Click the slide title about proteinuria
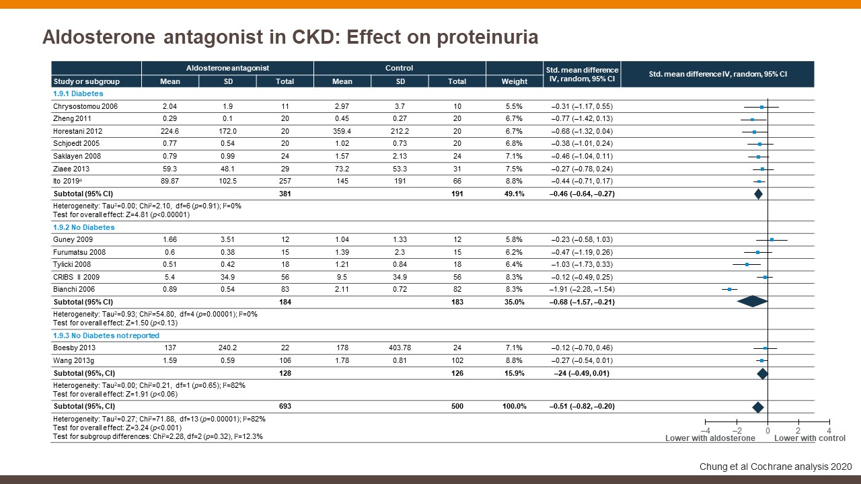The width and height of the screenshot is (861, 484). (x=290, y=37)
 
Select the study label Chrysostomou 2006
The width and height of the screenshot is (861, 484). (x=85, y=106)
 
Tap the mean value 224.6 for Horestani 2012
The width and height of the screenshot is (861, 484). (x=170, y=131)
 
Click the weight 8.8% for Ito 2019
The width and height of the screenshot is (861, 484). (x=515, y=182)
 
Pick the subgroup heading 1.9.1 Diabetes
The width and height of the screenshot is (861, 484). (x=75, y=93)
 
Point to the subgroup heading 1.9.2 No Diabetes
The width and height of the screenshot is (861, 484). (x=83, y=227)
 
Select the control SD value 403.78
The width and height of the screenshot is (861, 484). (x=400, y=348)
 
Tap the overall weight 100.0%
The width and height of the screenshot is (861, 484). (x=515, y=406)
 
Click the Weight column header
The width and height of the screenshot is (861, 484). (x=515, y=81)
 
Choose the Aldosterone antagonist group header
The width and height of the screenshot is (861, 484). (x=227, y=68)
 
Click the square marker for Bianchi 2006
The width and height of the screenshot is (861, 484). (x=729, y=289)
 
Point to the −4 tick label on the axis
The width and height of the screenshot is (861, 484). (x=706, y=430)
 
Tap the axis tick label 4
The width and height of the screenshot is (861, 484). (x=829, y=430)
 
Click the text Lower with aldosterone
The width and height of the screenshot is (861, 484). (x=710, y=438)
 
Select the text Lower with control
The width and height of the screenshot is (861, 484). (x=810, y=438)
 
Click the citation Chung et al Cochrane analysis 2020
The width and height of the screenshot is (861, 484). (x=776, y=467)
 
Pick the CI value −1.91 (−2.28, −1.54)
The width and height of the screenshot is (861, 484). (x=582, y=289)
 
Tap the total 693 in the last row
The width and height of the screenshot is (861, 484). (x=285, y=406)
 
